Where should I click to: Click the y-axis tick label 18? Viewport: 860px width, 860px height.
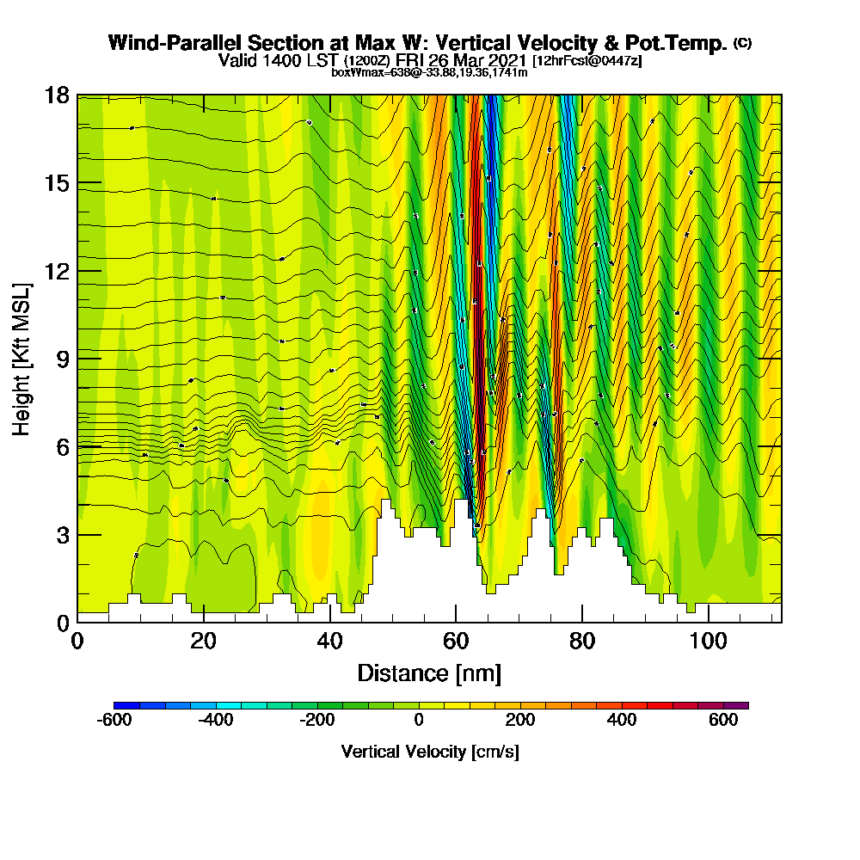pyautogui.click(x=57, y=95)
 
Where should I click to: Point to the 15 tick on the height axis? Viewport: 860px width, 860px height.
pyautogui.click(x=57, y=183)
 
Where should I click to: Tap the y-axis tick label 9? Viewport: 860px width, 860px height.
pyautogui.click(x=63, y=358)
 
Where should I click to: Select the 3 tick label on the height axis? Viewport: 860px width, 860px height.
pyautogui.click(x=63, y=534)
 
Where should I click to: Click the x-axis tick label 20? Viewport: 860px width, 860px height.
pyautogui.click(x=203, y=642)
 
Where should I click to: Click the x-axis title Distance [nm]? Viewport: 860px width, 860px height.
pyautogui.click(x=429, y=673)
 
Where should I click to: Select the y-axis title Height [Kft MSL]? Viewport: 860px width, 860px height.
pyautogui.click(x=22, y=358)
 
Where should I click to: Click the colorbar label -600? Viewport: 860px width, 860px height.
pyautogui.click(x=114, y=721)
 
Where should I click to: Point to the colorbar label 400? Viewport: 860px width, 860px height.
pyautogui.click(x=621, y=721)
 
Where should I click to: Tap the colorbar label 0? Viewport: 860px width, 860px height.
pyautogui.click(x=418, y=721)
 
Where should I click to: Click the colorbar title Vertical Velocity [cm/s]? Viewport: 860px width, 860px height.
pyautogui.click(x=430, y=752)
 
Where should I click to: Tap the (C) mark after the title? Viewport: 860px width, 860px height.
pyautogui.click(x=741, y=42)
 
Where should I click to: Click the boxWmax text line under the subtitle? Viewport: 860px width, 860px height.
pyautogui.click(x=429, y=72)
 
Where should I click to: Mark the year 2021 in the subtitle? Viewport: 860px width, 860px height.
pyautogui.click(x=507, y=61)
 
